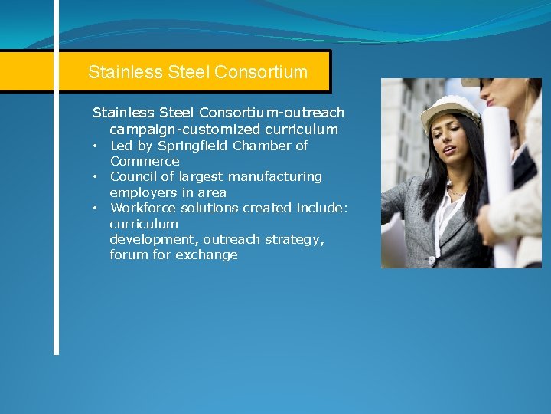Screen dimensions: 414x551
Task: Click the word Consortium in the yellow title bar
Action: [x=261, y=73]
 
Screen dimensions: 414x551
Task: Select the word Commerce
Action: [x=145, y=161]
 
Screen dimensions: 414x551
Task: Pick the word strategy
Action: [x=295, y=239]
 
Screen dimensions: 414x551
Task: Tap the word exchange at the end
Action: [x=207, y=255]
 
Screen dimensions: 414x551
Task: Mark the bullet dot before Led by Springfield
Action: [x=96, y=146]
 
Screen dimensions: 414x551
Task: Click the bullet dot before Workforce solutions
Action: [x=96, y=208]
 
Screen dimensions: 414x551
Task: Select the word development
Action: [x=154, y=239]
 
